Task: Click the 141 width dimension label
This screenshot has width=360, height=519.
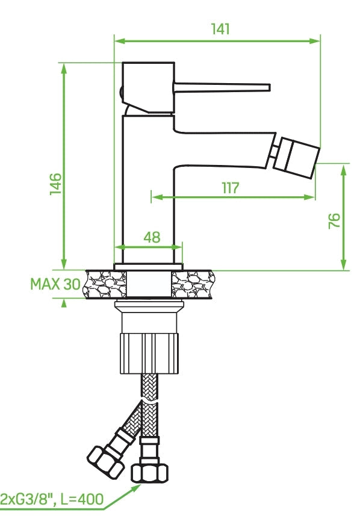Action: (x=220, y=29)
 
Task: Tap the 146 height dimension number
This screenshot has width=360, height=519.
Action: (x=56, y=184)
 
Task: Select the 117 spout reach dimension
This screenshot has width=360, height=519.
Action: (x=231, y=188)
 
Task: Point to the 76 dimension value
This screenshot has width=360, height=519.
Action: (x=335, y=221)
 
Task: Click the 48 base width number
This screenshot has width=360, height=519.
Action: (x=152, y=237)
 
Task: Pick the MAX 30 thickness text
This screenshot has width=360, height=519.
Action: (x=55, y=284)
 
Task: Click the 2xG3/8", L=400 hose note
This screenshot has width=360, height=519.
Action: (x=52, y=499)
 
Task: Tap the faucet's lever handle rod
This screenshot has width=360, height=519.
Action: (x=222, y=87)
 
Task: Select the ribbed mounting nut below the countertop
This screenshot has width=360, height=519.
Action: (x=149, y=354)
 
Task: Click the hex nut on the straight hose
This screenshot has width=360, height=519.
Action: (x=149, y=473)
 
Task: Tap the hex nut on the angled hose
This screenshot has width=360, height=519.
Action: (x=105, y=461)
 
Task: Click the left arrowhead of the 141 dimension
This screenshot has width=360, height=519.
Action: (x=119, y=41)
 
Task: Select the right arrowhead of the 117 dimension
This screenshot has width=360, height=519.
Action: (x=309, y=197)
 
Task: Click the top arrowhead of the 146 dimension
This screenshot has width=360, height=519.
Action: (x=64, y=68)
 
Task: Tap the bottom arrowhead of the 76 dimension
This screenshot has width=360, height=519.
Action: (x=344, y=264)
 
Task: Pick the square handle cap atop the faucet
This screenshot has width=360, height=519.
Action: (x=148, y=87)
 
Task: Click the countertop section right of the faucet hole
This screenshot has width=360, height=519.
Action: (x=192, y=284)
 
